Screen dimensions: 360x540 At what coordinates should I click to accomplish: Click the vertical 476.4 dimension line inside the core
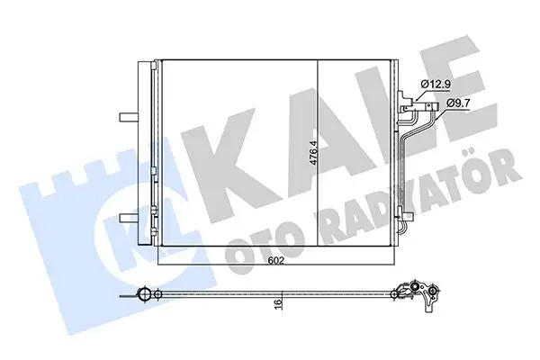tap(322, 117)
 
